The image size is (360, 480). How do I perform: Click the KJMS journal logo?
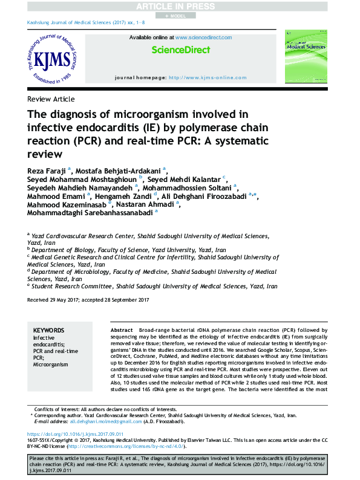pos(53,60)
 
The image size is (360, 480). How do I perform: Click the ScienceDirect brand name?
pos(180,50)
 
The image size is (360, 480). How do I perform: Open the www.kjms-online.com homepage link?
pos(207,77)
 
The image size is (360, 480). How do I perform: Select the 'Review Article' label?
pos(51,99)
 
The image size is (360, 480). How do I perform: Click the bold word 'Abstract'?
pos(122,329)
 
